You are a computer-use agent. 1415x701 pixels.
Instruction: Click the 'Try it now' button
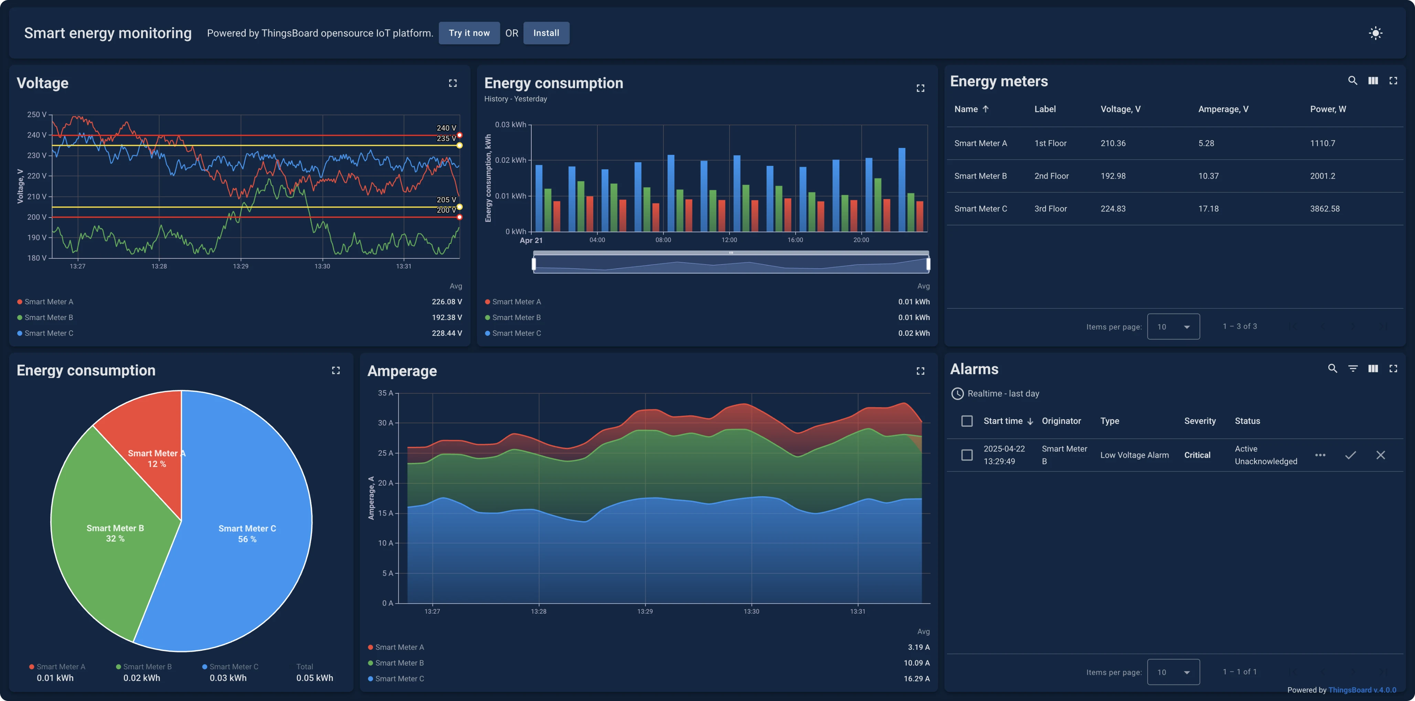[469, 33]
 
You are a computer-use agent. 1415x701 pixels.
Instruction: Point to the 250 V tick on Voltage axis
[36, 114]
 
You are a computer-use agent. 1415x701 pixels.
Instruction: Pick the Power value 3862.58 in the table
[1324, 209]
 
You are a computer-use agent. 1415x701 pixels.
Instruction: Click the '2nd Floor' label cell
[1051, 176]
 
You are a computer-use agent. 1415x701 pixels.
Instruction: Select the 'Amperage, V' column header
[1223, 109]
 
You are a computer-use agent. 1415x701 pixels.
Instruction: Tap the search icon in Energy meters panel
[1352, 81]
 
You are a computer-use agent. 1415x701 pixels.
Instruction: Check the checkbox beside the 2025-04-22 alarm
[967, 455]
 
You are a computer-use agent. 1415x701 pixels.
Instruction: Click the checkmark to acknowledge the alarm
[1350, 455]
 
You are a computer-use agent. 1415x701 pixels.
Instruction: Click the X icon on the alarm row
[1380, 455]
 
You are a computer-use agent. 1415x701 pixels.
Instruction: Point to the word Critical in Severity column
[1197, 455]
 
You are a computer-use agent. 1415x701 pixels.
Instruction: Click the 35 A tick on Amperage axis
[385, 393]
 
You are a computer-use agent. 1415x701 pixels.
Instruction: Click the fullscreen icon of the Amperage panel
[920, 371]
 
